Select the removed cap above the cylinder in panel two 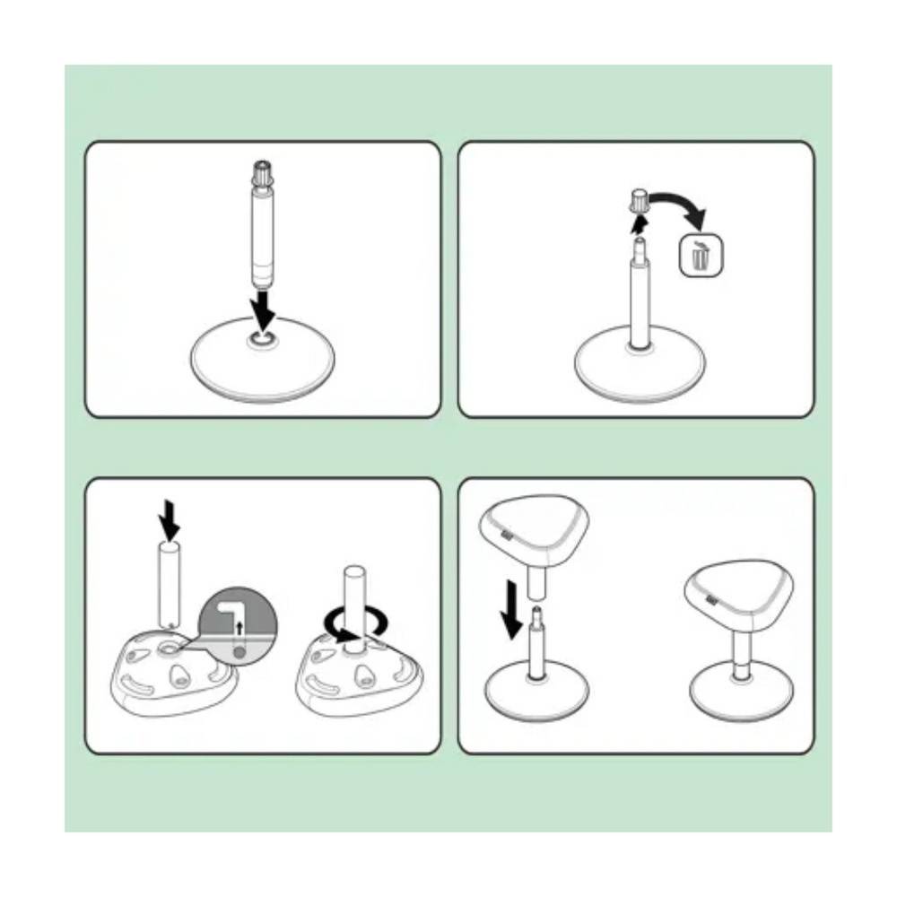[x=640, y=201]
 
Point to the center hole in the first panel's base [x=262, y=339]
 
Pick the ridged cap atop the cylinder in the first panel [x=263, y=171]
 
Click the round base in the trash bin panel [x=636, y=368]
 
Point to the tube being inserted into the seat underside [x=170, y=583]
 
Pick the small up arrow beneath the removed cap [x=639, y=223]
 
